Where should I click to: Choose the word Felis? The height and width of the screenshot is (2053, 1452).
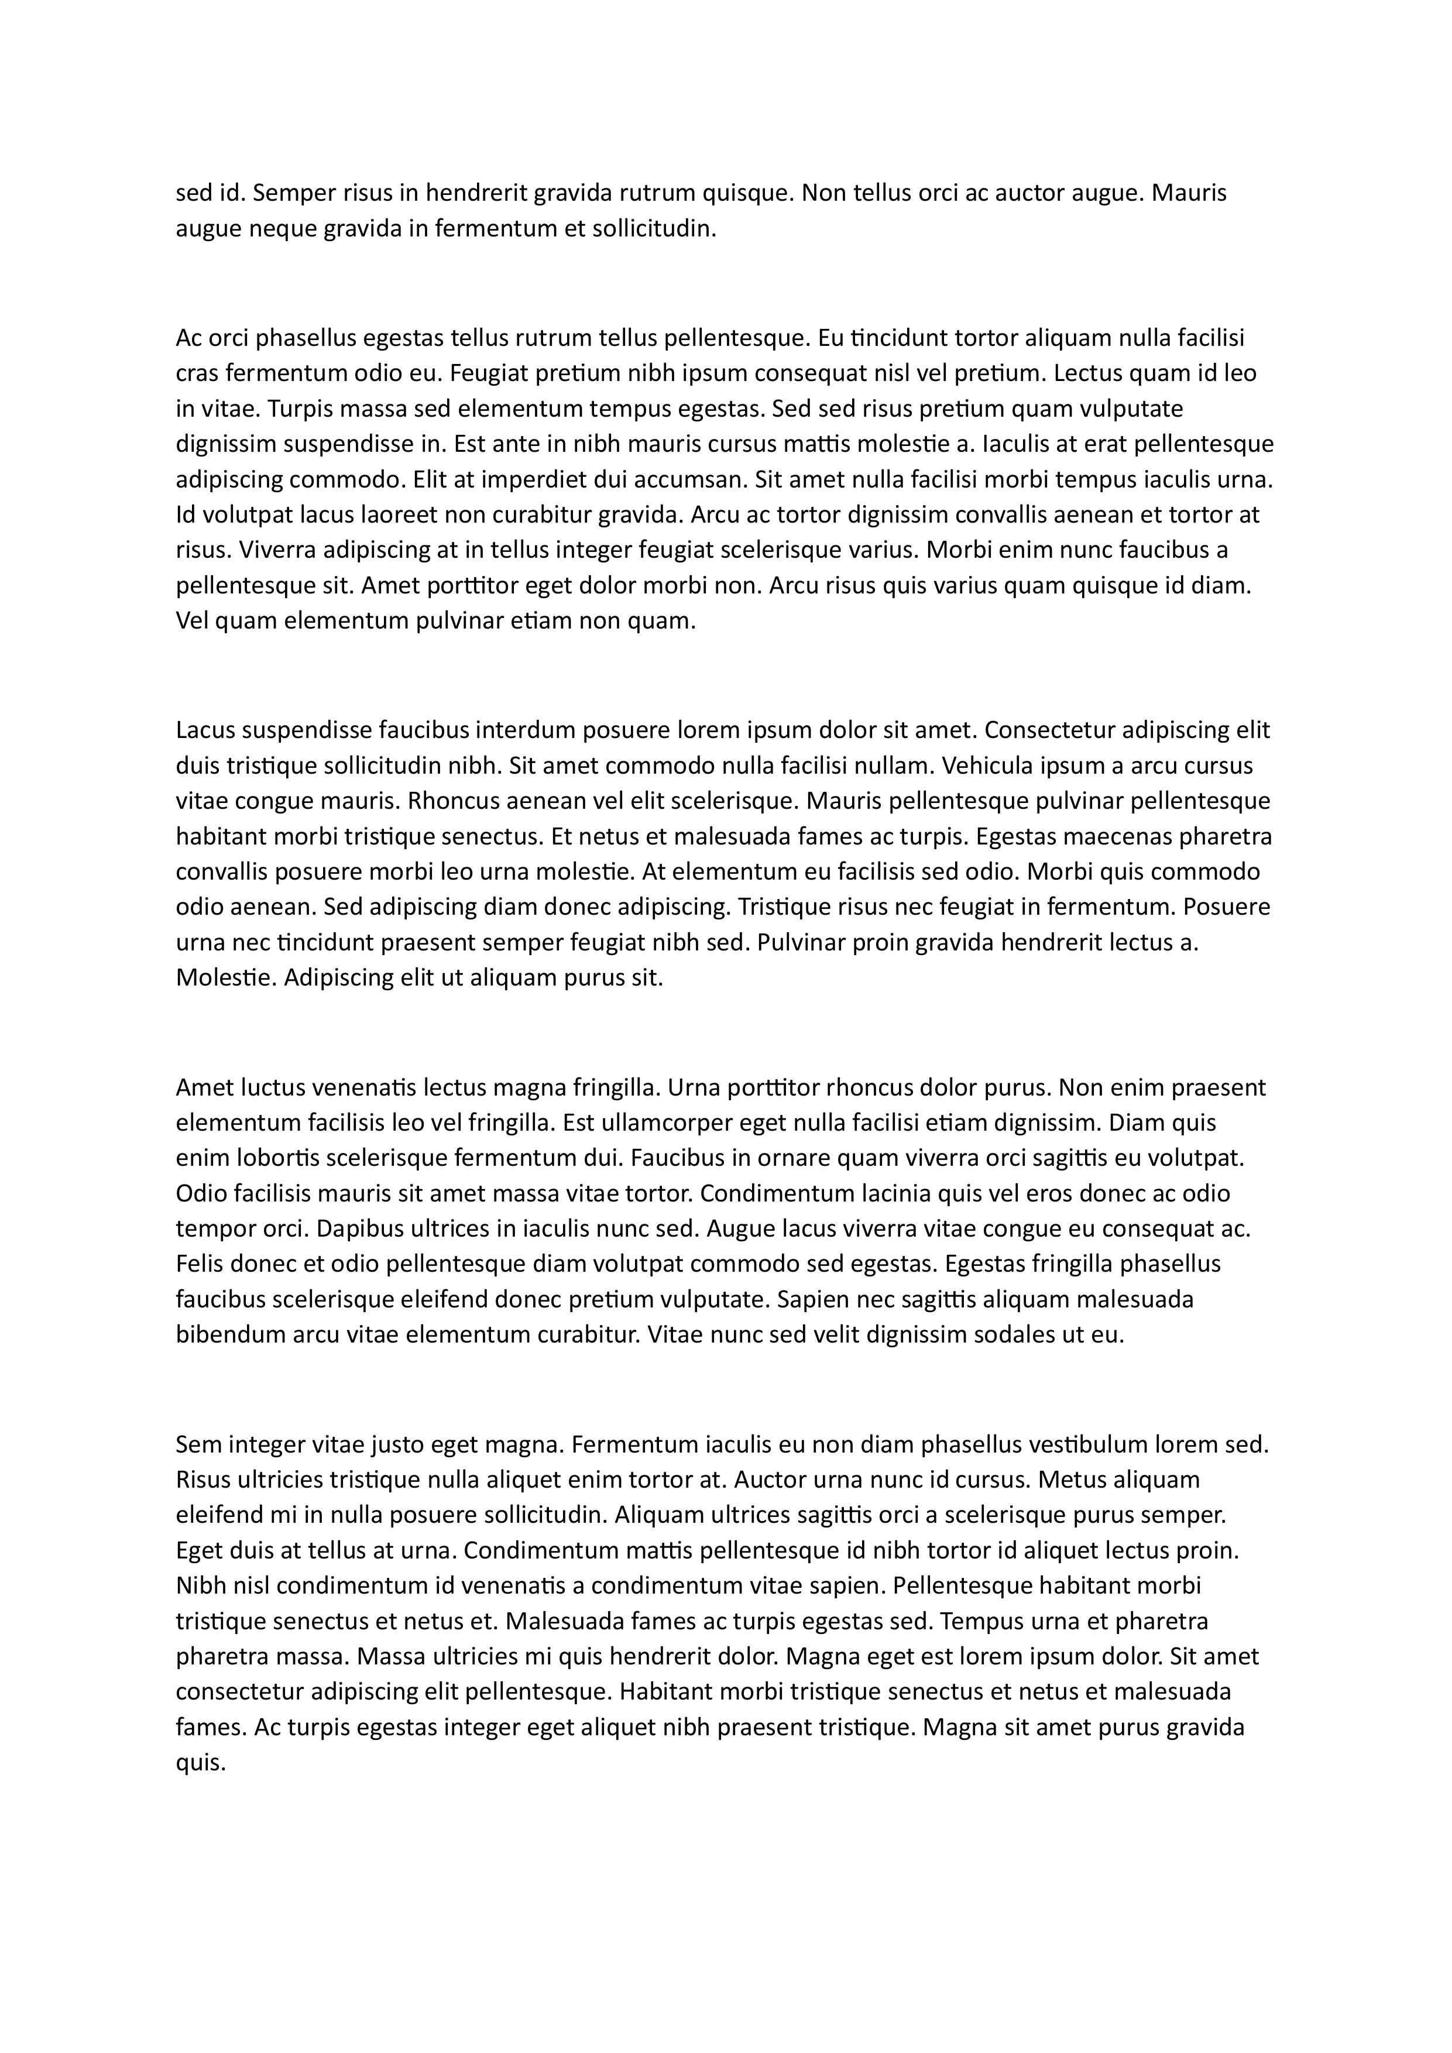pos(200,1264)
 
